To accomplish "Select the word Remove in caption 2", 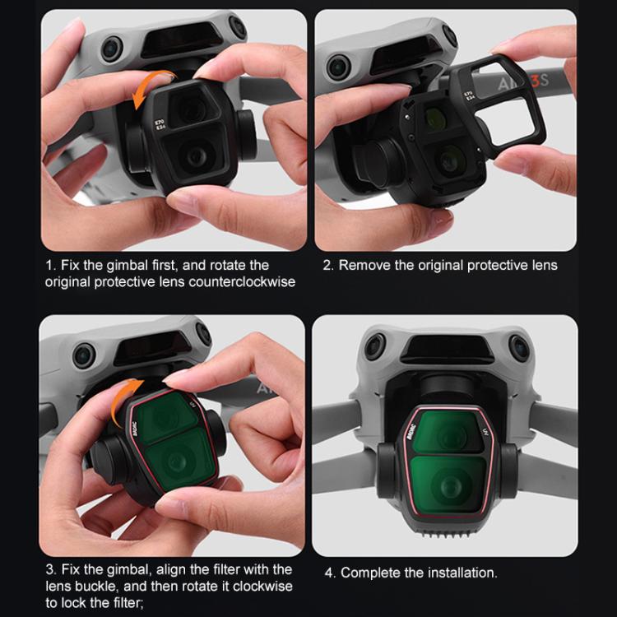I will click(x=362, y=265).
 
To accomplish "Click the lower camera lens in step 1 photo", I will click(x=194, y=158).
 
